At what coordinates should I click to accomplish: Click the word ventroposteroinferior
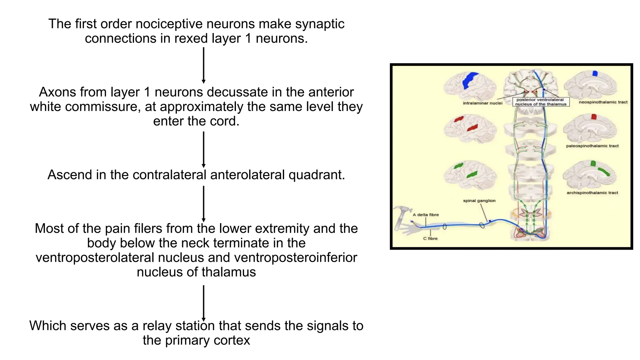click(295, 257)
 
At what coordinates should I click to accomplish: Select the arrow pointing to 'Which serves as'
click(203, 303)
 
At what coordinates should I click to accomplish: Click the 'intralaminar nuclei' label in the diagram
click(482, 103)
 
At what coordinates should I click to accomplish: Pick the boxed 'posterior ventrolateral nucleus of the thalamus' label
click(541, 102)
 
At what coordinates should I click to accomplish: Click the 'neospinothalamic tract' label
click(603, 102)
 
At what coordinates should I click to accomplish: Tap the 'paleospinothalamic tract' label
click(592, 146)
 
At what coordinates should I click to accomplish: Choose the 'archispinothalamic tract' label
click(592, 193)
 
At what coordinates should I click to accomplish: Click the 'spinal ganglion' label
click(479, 201)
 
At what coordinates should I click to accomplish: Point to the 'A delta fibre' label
click(426, 215)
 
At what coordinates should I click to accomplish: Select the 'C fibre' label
click(430, 238)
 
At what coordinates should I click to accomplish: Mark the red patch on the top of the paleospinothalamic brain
click(594, 117)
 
